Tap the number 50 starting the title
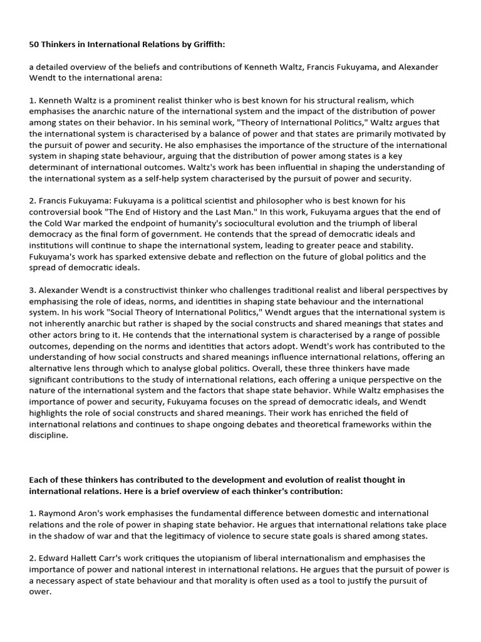click(x=35, y=46)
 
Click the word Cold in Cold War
click(x=54, y=223)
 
